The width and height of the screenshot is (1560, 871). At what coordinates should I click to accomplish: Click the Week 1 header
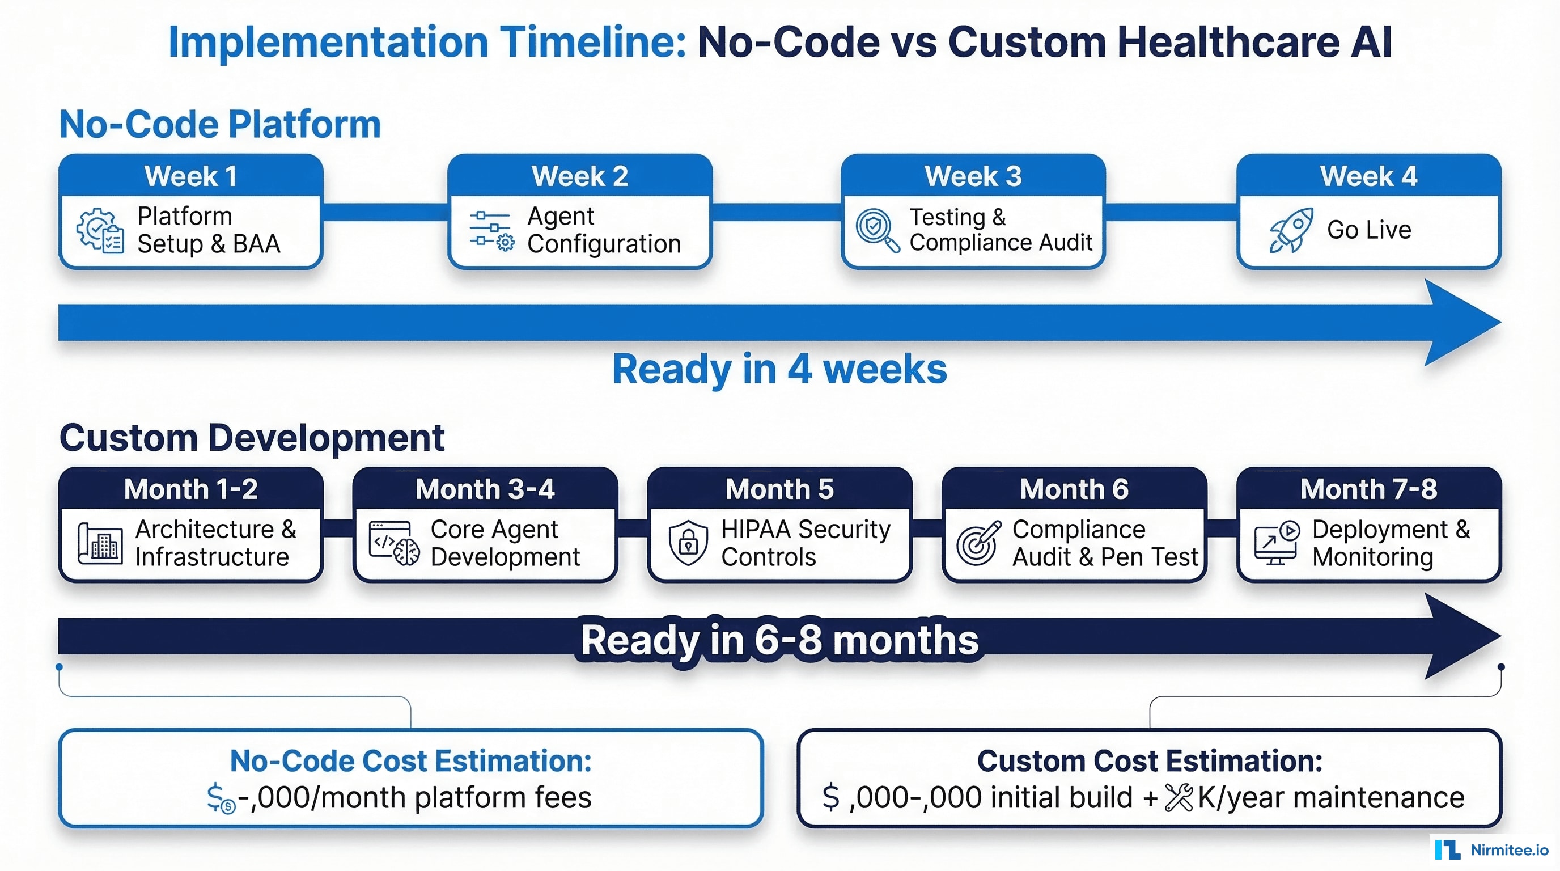coord(191,176)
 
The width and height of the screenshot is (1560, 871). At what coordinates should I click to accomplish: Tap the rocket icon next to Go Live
coord(1291,230)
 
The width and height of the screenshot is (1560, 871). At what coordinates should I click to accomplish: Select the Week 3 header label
coord(973,176)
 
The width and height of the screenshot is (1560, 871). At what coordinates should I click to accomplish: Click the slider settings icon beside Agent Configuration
coord(491,231)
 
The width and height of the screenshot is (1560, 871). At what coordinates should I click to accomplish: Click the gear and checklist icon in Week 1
coord(100,230)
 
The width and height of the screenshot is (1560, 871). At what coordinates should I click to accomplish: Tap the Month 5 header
coord(779,489)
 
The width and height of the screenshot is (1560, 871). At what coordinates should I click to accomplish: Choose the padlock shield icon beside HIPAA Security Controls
coord(688,543)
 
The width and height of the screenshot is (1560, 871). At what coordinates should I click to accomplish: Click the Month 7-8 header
coord(1368,489)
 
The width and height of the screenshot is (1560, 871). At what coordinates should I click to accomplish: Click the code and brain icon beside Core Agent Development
coord(394,543)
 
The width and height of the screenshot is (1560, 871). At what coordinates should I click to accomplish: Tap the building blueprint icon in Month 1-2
coord(99,543)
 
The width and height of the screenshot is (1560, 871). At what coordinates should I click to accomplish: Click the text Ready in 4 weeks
coord(779,369)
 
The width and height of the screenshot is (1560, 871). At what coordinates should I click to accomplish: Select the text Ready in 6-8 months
coord(779,640)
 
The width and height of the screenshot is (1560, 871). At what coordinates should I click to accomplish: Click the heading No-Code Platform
coord(220,124)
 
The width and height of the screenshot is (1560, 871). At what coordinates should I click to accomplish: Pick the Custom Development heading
coord(252,437)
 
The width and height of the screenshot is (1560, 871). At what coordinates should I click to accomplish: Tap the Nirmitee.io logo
coord(1491,850)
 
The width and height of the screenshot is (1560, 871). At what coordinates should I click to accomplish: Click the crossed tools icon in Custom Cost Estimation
coord(1179,797)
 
